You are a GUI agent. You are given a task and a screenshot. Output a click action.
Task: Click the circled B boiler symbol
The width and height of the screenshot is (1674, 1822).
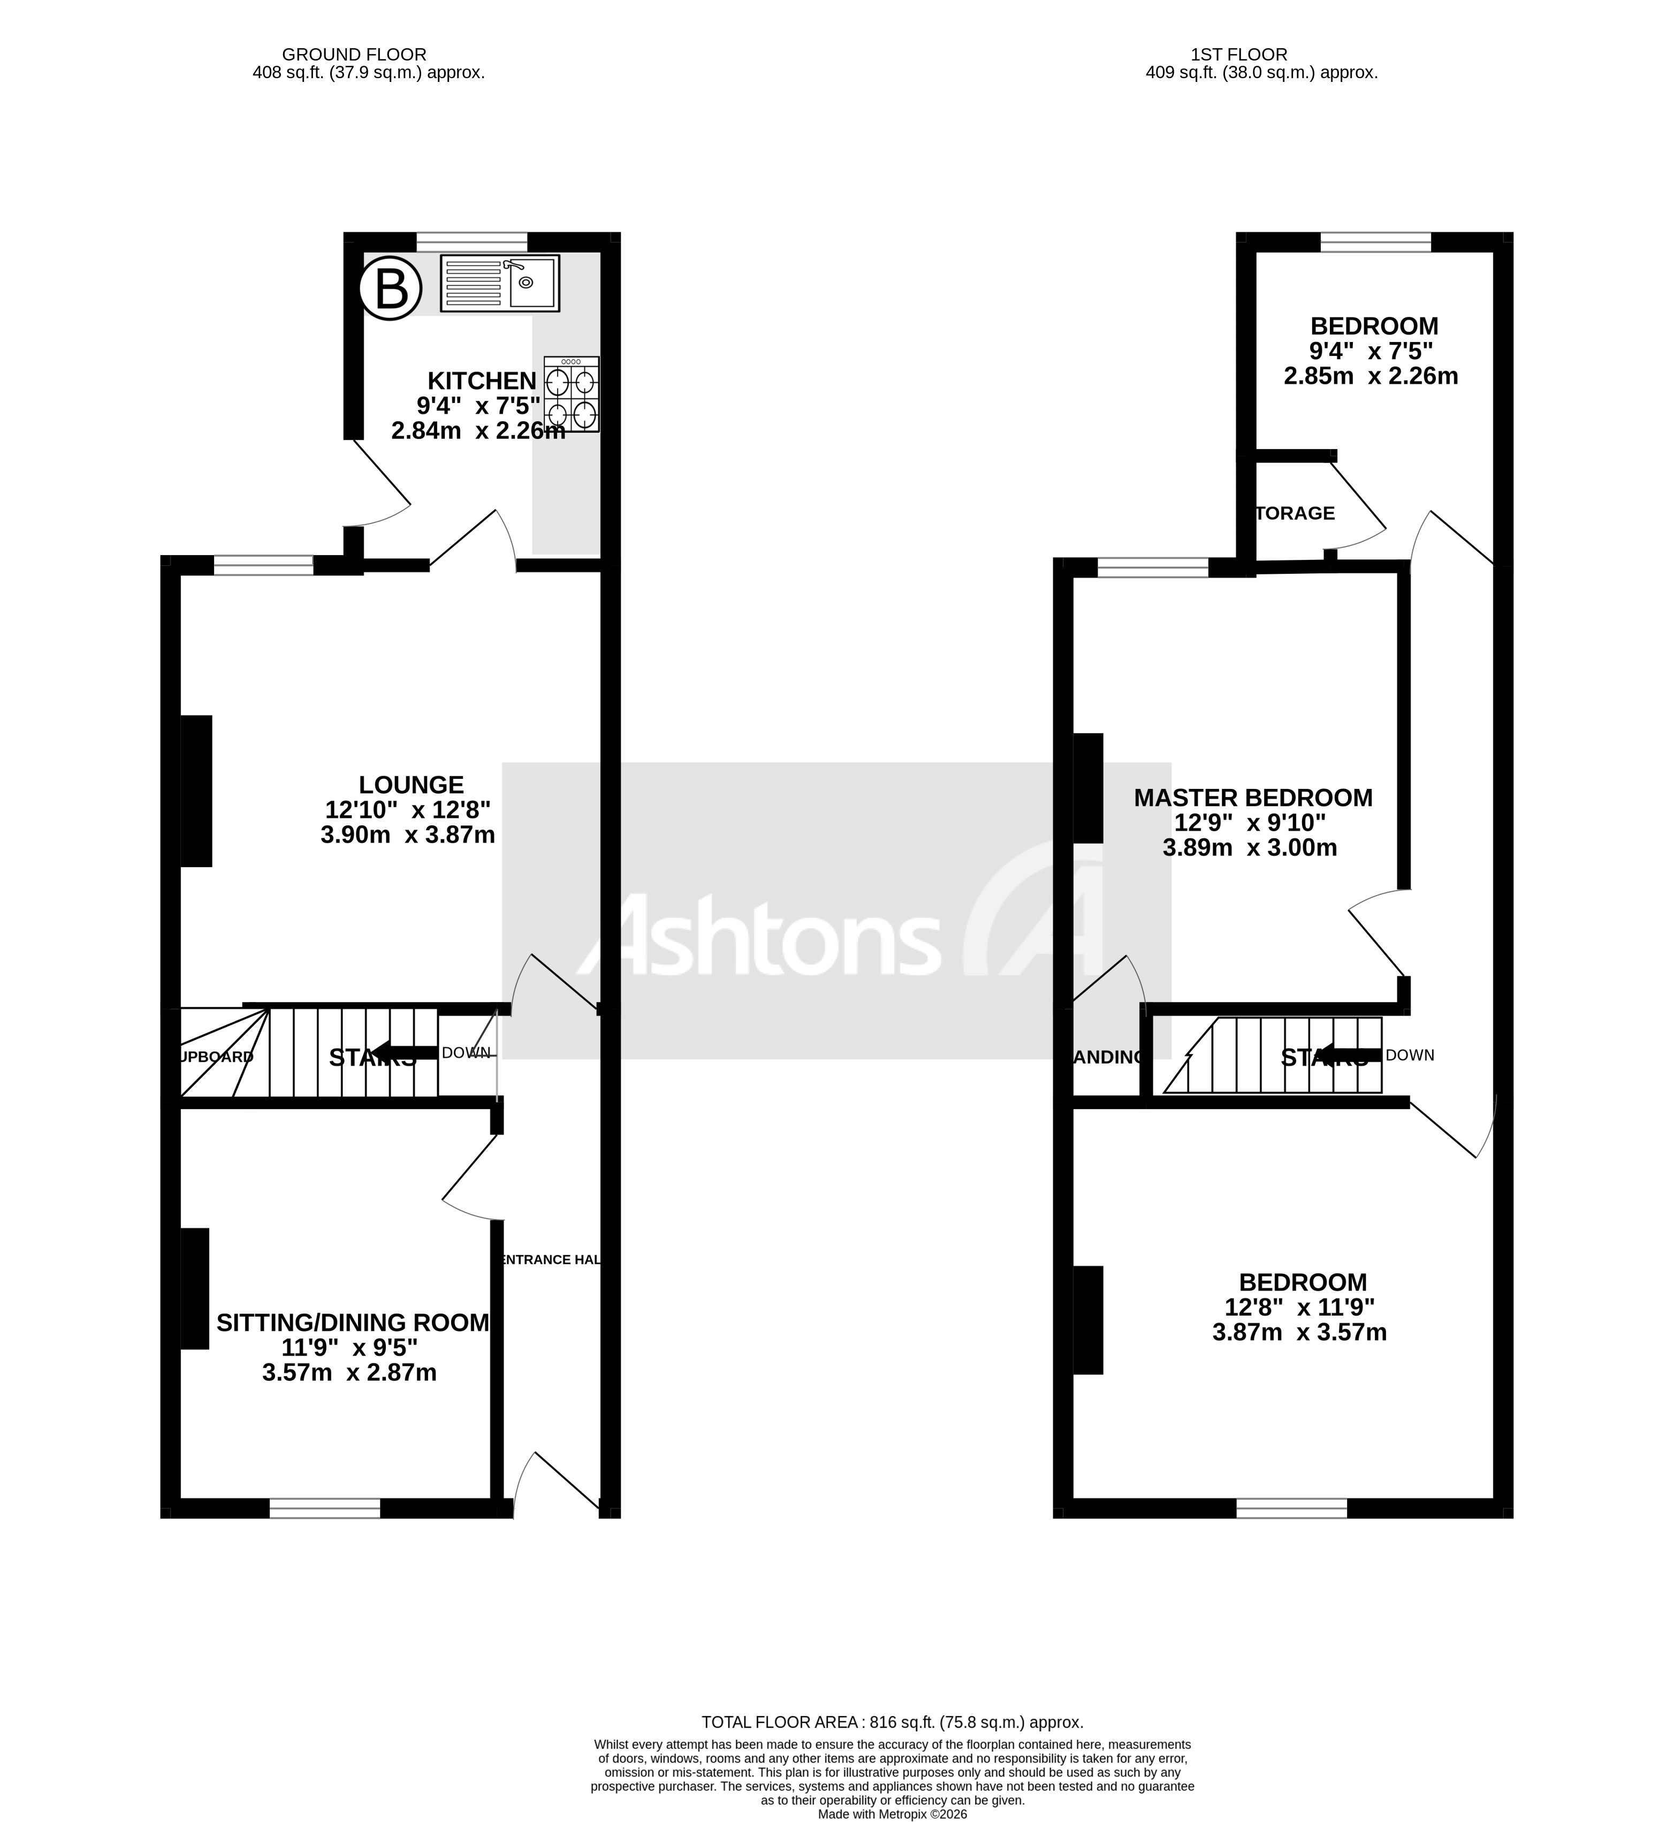(x=391, y=289)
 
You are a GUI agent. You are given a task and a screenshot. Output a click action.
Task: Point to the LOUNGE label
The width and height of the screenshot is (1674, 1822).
(x=411, y=785)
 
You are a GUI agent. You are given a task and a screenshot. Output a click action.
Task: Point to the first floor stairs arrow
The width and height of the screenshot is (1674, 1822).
(x=1348, y=1054)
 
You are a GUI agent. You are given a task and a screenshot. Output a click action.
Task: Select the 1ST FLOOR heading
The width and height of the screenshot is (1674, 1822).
(x=1240, y=55)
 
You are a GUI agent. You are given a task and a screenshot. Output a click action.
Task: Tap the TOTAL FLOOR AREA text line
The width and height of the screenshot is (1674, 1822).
(x=892, y=1722)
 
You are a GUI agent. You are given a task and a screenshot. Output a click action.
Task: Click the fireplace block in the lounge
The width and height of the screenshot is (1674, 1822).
(x=196, y=791)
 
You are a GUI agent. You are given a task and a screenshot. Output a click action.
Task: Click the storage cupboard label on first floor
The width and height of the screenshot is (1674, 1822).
(x=1295, y=514)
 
